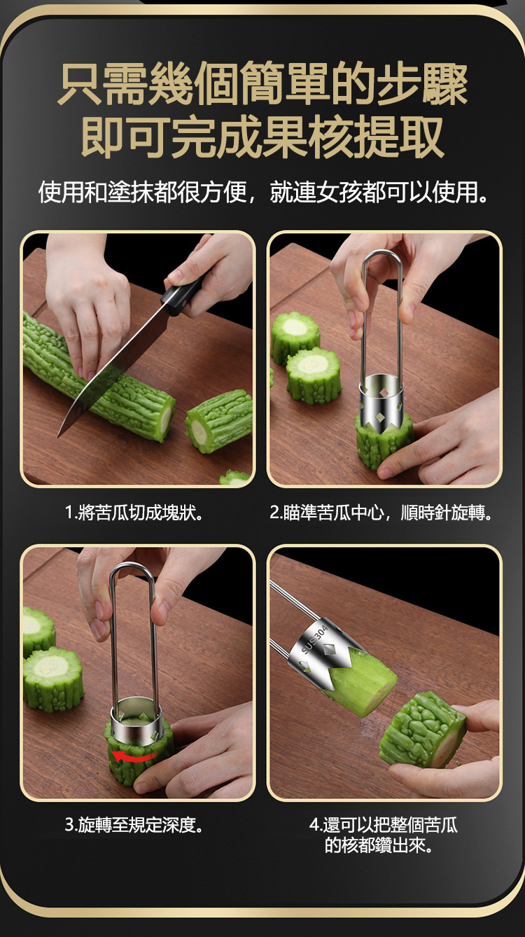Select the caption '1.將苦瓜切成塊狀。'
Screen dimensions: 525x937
pyautogui.click(x=134, y=513)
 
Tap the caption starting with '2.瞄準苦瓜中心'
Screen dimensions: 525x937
pyautogui.click(x=381, y=513)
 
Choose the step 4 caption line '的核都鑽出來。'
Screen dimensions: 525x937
pyautogui.click(x=379, y=845)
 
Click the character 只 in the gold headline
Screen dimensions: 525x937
pyautogui.click(x=79, y=83)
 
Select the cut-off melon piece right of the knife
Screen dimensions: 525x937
pyautogui.click(x=218, y=420)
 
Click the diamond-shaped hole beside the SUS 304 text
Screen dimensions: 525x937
pyautogui.click(x=330, y=649)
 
